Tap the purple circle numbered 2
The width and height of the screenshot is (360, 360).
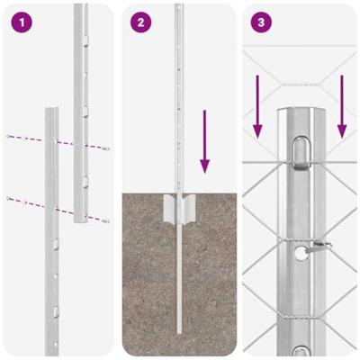[140, 22]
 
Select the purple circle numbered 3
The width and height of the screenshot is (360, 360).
[261, 22]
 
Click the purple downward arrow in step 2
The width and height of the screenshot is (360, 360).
[205, 143]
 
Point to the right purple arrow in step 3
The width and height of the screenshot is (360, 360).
[342, 108]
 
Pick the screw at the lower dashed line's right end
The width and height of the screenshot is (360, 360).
[106, 220]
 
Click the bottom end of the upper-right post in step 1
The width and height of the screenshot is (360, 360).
[81, 225]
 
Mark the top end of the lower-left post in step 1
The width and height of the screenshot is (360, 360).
[51, 112]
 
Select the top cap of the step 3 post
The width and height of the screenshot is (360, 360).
[301, 112]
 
